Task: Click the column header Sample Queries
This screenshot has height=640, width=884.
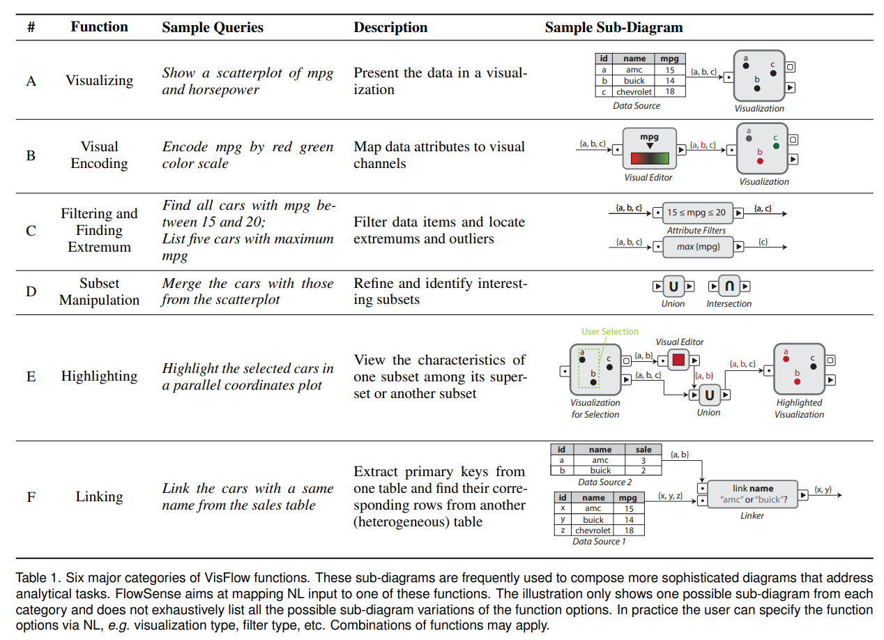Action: click(x=213, y=28)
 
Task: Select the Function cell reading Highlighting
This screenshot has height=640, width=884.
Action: click(x=99, y=376)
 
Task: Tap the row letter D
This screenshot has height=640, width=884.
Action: click(x=31, y=291)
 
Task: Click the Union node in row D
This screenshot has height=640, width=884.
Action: click(x=673, y=287)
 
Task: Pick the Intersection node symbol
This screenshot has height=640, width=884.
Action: click(x=729, y=287)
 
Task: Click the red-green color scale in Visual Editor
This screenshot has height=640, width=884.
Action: click(x=649, y=158)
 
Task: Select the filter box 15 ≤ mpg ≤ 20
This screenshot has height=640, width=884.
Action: click(x=696, y=213)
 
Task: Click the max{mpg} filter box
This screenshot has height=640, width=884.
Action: click(x=698, y=247)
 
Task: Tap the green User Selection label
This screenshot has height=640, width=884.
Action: click(x=609, y=332)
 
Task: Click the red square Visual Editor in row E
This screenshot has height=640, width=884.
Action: click(x=678, y=360)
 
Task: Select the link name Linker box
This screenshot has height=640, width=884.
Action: click(x=752, y=494)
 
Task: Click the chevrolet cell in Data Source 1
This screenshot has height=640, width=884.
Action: click(x=593, y=531)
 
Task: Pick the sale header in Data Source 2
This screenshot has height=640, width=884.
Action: click(x=643, y=450)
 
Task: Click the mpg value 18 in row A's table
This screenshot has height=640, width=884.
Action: click(x=669, y=91)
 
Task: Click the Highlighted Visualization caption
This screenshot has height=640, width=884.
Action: click(x=799, y=409)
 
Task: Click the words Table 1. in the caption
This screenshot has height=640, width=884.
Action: click(x=35, y=578)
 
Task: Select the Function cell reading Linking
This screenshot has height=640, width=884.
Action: click(x=99, y=497)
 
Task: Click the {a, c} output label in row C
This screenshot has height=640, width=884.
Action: click(x=764, y=208)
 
